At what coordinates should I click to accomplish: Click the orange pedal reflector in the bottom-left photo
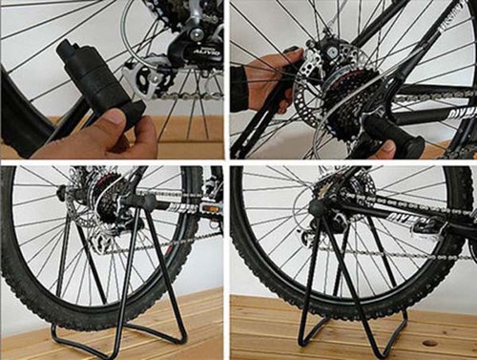coord(211,207)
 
